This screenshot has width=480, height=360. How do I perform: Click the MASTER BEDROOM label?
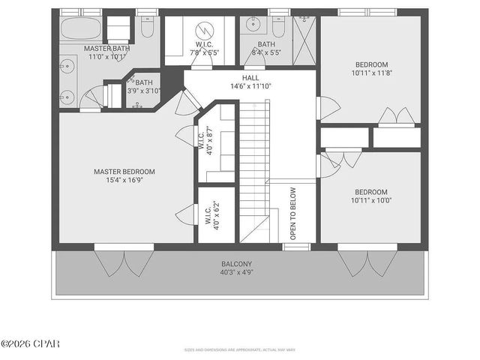[124, 172]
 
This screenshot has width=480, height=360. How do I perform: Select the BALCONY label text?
[236, 264]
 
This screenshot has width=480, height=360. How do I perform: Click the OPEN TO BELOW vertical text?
[293, 213]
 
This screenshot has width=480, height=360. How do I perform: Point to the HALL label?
[250, 77]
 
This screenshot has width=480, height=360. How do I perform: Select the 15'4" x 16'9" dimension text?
[124, 181]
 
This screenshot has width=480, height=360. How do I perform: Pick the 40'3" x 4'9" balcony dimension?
[236, 272]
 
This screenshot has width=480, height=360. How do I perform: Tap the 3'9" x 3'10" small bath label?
[143, 86]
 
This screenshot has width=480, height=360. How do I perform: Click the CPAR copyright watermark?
[30, 343]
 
